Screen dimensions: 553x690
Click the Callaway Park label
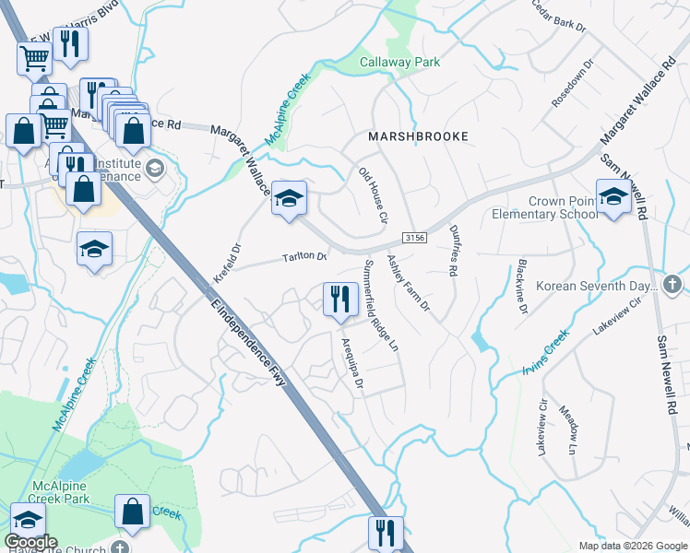(399, 62)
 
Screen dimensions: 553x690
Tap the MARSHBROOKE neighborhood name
(418, 136)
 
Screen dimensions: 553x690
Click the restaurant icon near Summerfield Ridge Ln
(339, 299)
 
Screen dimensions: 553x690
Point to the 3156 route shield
(416, 237)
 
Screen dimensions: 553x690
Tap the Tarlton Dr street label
(305, 257)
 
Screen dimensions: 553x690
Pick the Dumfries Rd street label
(453, 252)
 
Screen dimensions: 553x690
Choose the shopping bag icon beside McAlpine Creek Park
(133, 512)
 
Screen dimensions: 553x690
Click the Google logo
(30, 542)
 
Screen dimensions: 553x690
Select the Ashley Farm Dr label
(408, 283)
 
